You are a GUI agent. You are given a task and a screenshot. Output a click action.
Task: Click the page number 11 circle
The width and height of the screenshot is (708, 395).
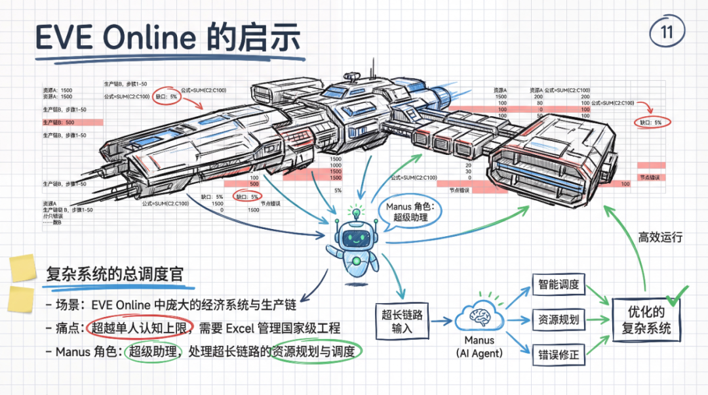(x=667, y=32)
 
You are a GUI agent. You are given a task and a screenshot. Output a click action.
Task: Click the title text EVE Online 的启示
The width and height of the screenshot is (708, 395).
(x=168, y=37)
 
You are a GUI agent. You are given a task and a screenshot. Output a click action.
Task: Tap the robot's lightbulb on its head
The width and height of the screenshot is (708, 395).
(x=356, y=213)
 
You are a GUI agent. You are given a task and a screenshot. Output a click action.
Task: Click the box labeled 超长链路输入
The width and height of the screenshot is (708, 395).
(x=402, y=322)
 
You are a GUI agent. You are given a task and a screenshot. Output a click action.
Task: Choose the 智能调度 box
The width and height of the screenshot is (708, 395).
(x=558, y=285)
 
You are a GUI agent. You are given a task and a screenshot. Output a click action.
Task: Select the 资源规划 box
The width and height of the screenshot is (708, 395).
(x=558, y=320)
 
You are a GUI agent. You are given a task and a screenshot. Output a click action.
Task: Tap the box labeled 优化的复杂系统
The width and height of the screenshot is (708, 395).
(x=646, y=320)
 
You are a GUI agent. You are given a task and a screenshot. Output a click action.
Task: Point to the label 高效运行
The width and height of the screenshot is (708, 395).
(x=660, y=237)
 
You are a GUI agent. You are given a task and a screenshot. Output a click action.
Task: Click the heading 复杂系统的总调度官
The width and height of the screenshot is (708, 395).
(x=120, y=274)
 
